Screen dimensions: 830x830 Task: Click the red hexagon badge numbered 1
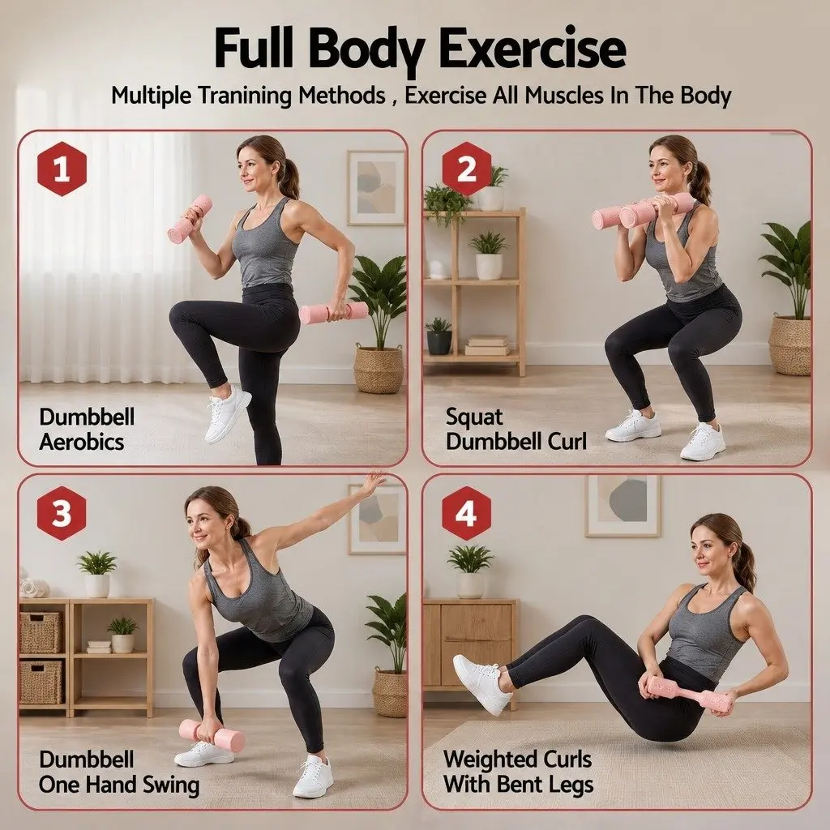[x=62, y=169]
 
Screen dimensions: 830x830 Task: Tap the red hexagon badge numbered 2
[x=466, y=169]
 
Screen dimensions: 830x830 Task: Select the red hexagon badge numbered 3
[x=62, y=513]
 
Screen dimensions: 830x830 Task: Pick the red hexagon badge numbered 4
[x=466, y=513]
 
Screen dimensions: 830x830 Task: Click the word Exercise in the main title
[x=533, y=49]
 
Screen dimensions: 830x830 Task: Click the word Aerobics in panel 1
[x=82, y=442]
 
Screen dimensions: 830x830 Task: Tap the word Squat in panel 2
[x=473, y=417]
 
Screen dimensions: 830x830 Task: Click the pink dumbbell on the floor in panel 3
[x=212, y=734]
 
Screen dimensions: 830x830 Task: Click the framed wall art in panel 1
[x=376, y=188]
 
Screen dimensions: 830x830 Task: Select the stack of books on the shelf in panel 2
[x=487, y=344]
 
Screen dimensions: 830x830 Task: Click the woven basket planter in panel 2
[x=789, y=345]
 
